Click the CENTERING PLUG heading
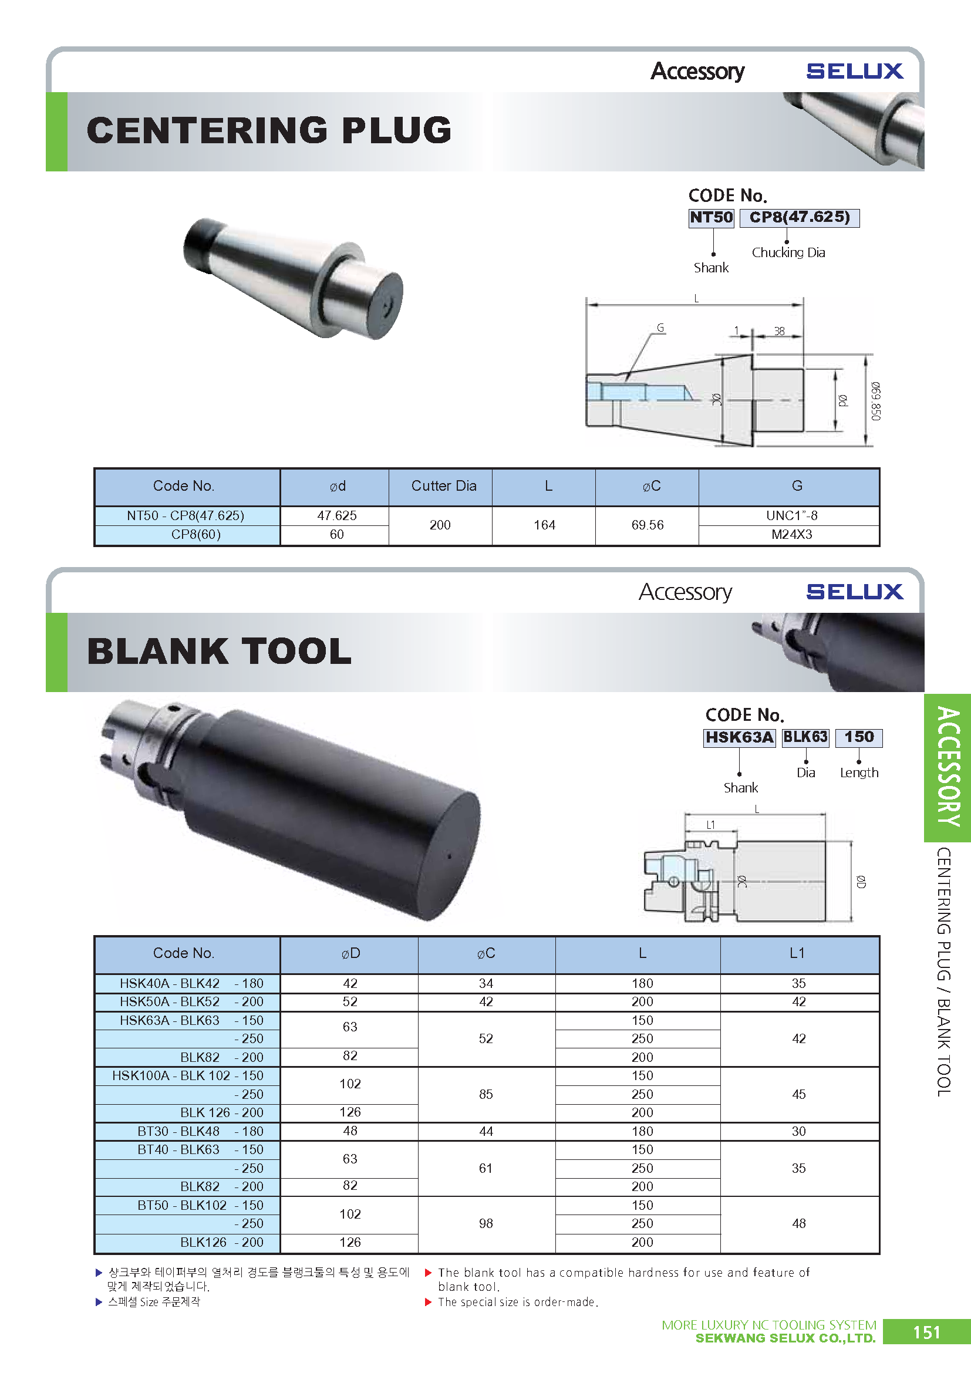[x=268, y=130]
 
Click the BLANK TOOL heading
[x=219, y=651]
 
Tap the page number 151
[x=926, y=1332]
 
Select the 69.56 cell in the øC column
[x=647, y=525]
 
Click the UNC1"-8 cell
[x=791, y=515]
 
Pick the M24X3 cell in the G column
[x=791, y=535]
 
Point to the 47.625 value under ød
[x=336, y=515]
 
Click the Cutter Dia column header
[x=444, y=485]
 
